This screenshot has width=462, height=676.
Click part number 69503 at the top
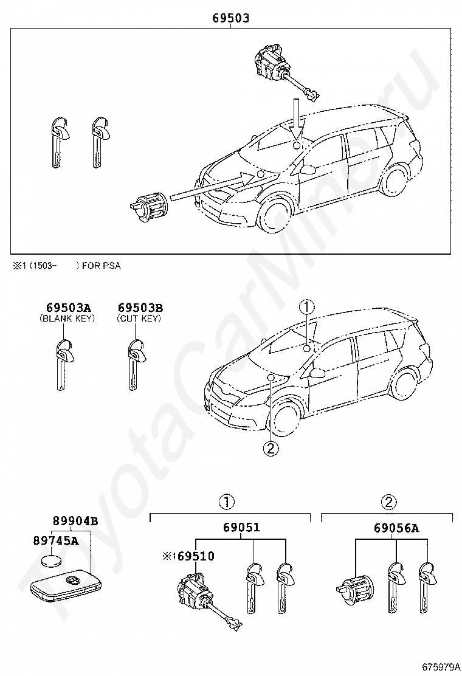pyautogui.click(x=230, y=18)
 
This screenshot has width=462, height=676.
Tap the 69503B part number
pyautogui.click(x=140, y=308)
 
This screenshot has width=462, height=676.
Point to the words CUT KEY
pyautogui.click(x=139, y=318)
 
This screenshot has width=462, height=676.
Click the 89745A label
pyautogui.click(x=56, y=540)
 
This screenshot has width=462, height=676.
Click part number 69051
pyautogui.click(x=240, y=527)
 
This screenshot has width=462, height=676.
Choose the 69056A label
pyautogui.click(x=396, y=527)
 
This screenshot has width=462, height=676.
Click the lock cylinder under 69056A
pyautogui.click(x=354, y=588)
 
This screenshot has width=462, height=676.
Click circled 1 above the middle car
pyautogui.click(x=307, y=306)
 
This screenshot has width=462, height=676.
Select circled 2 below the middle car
pyautogui.click(x=271, y=449)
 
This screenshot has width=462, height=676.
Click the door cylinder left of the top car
pyautogui.click(x=150, y=206)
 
